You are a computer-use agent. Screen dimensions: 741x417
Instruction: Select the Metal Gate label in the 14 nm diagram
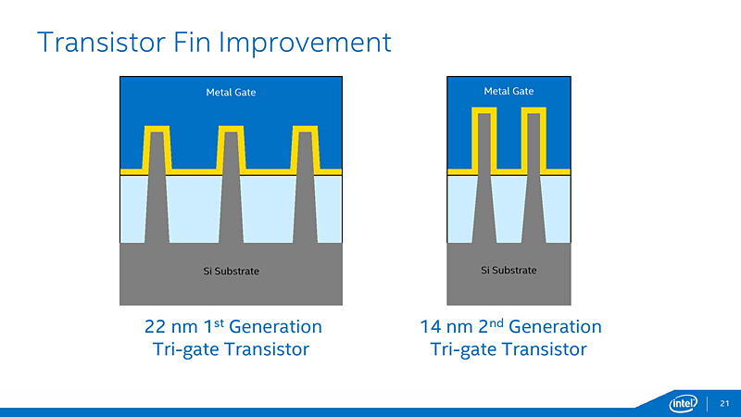(x=509, y=91)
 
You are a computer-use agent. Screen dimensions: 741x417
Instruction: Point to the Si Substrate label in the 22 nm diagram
(x=231, y=271)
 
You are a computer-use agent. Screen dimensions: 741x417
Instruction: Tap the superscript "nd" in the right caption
(x=492, y=322)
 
